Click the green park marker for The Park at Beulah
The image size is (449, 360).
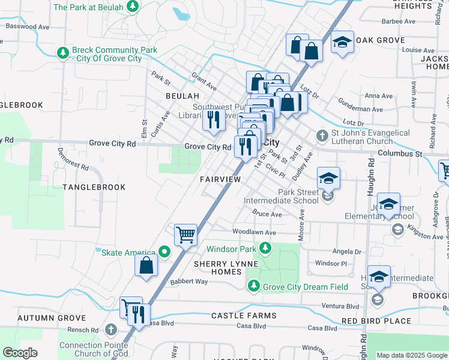tap(133, 7)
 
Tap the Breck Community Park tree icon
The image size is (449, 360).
tap(62, 53)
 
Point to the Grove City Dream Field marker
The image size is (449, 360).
tap(253, 287)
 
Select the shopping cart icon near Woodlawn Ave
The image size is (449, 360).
tap(186, 235)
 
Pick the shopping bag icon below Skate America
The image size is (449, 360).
tap(146, 265)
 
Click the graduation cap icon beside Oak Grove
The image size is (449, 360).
tap(342, 42)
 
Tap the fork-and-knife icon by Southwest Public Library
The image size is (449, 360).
tap(212, 119)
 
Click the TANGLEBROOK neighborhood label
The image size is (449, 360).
tap(94, 187)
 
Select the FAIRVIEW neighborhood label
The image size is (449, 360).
tap(220, 179)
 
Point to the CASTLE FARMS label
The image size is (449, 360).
tap(236, 315)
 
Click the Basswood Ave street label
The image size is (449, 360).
tap(26, 26)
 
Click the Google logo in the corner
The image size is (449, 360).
tap(20, 353)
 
